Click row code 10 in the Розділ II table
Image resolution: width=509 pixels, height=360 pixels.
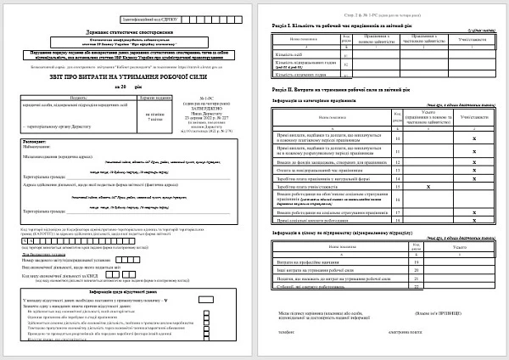tap(398, 137)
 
